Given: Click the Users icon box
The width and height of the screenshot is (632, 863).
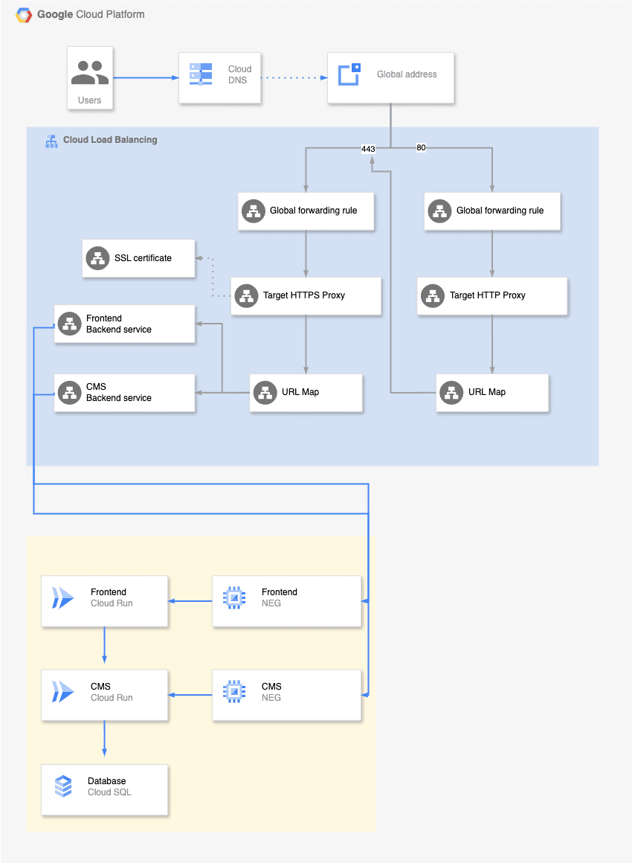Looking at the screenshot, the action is [90, 78].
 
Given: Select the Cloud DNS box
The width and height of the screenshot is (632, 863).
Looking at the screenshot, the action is [219, 77].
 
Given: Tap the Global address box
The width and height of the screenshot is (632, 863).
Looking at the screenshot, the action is [390, 77].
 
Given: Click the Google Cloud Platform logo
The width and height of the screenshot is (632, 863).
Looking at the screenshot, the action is [24, 15].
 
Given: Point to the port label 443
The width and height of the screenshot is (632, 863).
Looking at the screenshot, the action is [368, 149].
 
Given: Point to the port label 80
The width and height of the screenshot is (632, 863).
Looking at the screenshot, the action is [421, 147].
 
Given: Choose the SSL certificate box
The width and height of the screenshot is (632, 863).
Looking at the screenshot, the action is [138, 258].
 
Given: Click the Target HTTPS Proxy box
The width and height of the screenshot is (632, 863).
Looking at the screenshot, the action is [306, 295].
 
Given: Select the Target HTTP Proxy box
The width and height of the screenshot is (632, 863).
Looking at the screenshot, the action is [491, 295].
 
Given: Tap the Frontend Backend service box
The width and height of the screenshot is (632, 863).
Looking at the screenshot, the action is [125, 324].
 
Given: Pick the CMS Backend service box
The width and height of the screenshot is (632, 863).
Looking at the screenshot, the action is [125, 392].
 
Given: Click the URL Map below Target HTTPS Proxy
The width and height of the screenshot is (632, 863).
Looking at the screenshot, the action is [306, 392].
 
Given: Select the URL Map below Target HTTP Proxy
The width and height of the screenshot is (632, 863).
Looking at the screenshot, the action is [492, 392].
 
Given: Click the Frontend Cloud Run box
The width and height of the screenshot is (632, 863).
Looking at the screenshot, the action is [105, 601].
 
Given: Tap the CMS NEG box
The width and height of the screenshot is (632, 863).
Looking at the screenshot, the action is [286, 695].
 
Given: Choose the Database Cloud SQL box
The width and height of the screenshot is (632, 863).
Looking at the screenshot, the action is [105, 790].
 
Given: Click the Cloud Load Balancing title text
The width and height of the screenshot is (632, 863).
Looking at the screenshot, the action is [110, 140].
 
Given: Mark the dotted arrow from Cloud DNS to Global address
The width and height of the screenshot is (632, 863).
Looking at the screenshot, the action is [294, 77].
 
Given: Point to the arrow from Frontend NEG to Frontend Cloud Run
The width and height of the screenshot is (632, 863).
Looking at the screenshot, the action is [190, 601].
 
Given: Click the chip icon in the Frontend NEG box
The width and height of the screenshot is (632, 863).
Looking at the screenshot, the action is [234, 597].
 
